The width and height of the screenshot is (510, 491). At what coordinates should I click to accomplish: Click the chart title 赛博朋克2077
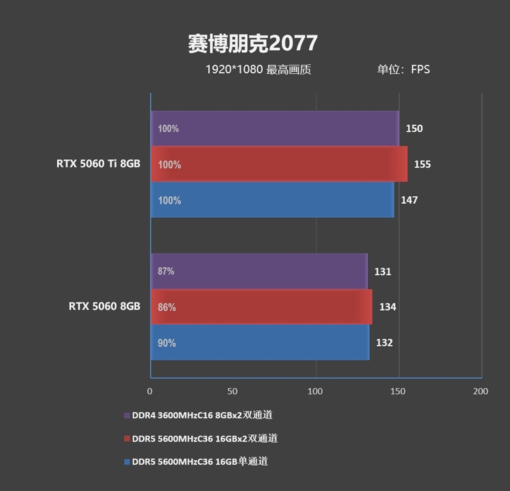252,43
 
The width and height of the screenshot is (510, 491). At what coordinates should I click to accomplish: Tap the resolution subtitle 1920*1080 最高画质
258,69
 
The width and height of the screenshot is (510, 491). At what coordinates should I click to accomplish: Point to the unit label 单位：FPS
403,69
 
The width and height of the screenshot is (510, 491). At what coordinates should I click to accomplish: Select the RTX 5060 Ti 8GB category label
98,164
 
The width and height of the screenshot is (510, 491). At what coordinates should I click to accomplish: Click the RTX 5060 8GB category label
105,306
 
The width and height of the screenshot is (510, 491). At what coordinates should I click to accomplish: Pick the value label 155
422,164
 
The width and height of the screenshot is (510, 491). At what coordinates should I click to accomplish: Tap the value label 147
409,200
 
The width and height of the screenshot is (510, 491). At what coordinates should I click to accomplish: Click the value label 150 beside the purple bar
414,129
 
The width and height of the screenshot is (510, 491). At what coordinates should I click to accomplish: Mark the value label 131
382,271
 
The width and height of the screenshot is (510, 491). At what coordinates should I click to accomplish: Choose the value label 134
388,307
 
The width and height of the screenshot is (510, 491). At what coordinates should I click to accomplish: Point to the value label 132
384,343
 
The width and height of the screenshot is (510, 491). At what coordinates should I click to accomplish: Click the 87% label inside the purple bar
166,271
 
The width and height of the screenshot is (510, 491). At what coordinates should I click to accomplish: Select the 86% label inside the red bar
167,307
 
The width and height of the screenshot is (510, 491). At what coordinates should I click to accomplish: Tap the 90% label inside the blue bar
167,343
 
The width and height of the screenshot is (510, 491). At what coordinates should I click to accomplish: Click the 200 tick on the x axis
481,391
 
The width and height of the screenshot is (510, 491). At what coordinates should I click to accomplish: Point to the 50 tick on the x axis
233,391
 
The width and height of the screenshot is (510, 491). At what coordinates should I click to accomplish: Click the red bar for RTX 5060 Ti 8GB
279,164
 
